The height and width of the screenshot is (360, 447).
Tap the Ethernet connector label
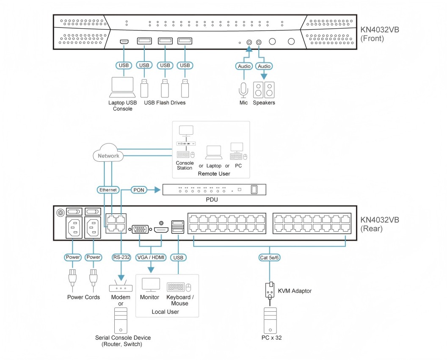108,190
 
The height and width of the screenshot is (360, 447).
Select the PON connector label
139,190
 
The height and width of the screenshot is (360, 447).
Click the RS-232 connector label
121,257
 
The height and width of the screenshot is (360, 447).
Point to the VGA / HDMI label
151,257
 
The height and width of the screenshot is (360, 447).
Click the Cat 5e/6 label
270,257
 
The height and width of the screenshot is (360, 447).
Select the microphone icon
243,89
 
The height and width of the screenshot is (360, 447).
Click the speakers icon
264,89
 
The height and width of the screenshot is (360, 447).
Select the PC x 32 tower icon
270,320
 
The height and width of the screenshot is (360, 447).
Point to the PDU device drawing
214,190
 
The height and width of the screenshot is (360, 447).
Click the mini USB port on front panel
124,42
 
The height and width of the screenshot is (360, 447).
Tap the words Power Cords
83,297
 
